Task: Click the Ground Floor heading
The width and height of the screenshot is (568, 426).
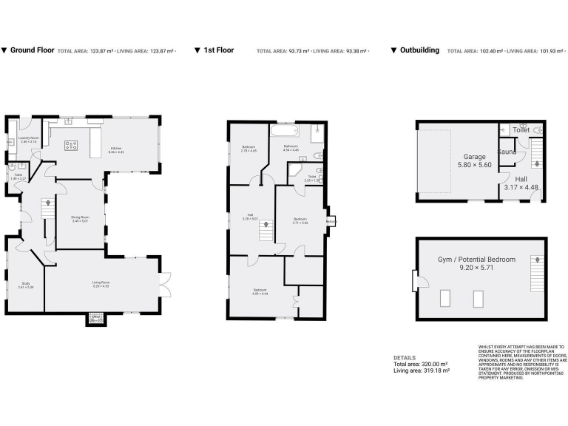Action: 32,50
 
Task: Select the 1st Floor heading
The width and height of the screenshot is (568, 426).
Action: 218,50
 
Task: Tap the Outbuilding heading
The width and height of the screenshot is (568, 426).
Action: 419,50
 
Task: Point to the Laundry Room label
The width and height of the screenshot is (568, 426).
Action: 28,138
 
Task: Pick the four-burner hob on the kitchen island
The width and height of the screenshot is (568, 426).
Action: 72,145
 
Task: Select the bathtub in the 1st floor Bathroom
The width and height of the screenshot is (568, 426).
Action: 284,132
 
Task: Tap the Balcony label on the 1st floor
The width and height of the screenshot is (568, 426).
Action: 331,220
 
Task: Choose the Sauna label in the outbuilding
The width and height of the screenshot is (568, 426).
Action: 507,152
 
